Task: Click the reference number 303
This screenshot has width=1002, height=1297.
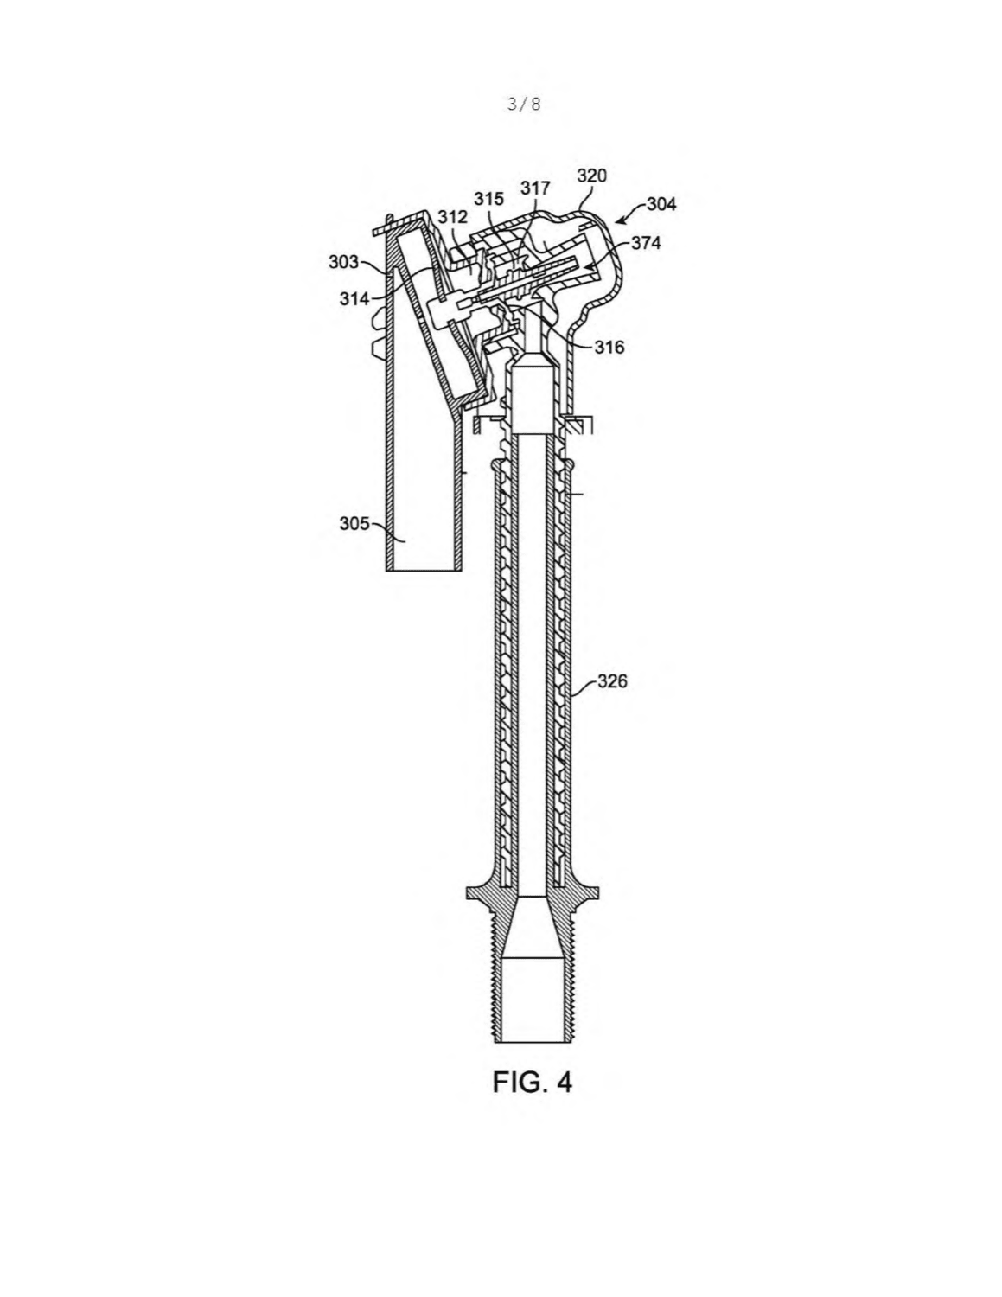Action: point(343,262)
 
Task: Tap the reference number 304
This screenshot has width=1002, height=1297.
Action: point(662,204)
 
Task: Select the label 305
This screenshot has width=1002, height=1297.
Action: point(354,523)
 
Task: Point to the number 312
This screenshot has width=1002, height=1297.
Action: point(452,217)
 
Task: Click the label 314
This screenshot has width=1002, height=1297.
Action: point(354,298)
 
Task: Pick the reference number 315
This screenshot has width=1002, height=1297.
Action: point(488,199)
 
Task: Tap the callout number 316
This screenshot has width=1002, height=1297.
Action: point(609,347)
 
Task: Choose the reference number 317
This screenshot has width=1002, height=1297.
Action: point(535,188)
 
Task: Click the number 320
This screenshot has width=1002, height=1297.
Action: point(591,176)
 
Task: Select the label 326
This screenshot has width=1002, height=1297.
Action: point(612,681)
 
